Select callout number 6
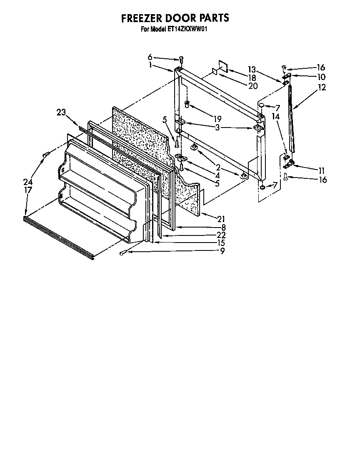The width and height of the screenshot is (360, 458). tap(150, 57)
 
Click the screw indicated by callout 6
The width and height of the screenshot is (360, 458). tap(181, 59)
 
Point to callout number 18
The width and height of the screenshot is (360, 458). tap(252, 78)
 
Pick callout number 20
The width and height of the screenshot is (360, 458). tap(252, 86)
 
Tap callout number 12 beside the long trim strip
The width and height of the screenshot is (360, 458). tap(322, 88)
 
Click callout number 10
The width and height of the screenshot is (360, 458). tap(321, 77)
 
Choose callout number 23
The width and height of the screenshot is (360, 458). tap(61, 112)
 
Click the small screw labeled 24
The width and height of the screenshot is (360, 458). tap(45, 155)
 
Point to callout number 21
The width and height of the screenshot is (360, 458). tap(222, 218)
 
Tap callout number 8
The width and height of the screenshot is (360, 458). tap(223, 228)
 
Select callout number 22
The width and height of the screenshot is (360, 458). tap(221, 235)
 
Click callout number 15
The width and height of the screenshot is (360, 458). tap(221, 243)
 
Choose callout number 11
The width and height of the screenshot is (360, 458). tap(321, 170)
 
